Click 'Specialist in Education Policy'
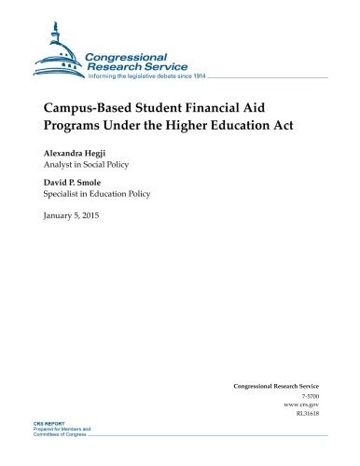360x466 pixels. [92, 196]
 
